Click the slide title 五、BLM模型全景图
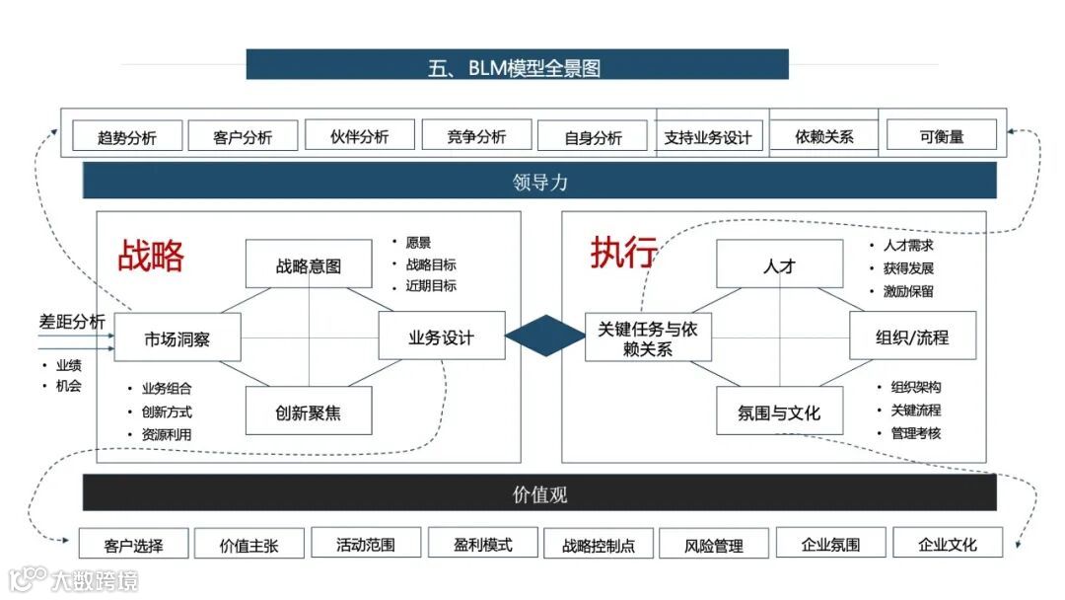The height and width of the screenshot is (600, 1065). pos(517,66)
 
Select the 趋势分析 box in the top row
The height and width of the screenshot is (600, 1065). pos(127,136)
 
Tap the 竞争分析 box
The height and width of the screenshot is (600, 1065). pos(476,135)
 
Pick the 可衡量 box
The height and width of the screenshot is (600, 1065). pos(941,135)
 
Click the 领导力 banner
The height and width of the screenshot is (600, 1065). pos(539,182)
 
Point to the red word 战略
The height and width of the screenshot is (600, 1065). pos(151,256)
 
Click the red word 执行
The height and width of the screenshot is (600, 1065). pos(623,253)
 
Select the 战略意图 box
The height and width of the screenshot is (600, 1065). pos(309,264)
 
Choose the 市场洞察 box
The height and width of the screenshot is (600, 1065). pos(177,338)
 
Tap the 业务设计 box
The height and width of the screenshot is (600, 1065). pos(441,337)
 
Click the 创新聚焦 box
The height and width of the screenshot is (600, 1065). pos(309,411)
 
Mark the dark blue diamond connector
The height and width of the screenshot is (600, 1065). pos(545,336)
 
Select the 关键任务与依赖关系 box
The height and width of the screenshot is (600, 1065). pos(647,337)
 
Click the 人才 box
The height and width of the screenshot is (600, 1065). pos(779,264)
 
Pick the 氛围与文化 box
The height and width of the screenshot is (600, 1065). pos(779,412)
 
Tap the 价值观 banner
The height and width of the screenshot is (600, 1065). pos(539,493)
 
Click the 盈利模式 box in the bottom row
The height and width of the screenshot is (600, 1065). pos(483,543)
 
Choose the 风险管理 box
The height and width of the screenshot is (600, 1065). pos(714,544)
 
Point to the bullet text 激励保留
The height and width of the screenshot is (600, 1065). pos(908,291)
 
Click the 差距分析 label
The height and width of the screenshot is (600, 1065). pos(72,322)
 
